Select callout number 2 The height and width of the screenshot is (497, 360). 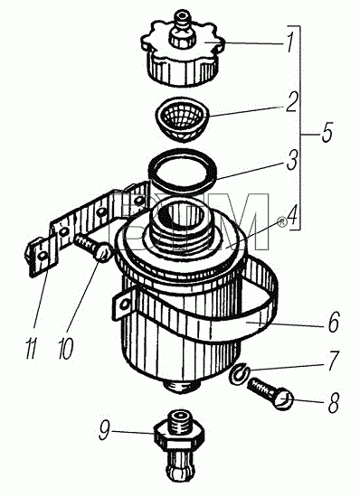click(291, 101)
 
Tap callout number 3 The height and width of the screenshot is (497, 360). click(291, 160)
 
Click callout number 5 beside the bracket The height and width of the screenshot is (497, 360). click(327, 132)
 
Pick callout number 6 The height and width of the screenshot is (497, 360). click(334, 323)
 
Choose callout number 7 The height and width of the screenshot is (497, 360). click(334, 361)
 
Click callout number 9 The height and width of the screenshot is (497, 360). click(105, 429)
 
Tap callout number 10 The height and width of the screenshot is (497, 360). click(66, 349)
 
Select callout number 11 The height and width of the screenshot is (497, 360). click(32, 349)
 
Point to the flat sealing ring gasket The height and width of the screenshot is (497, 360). click(183, 171)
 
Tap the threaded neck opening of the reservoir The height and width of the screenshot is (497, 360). click(182, 219)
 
